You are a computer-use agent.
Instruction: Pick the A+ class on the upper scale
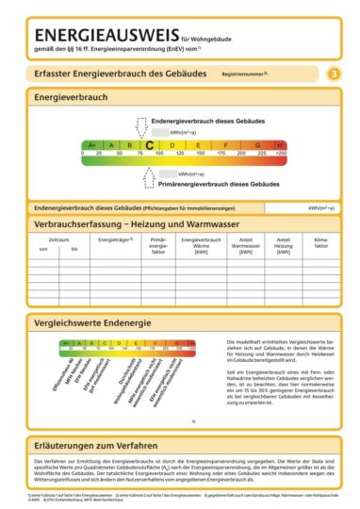tap(92, 144)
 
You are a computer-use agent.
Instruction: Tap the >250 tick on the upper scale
tap(282, 153)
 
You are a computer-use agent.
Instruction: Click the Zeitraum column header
tap(58, 240)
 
